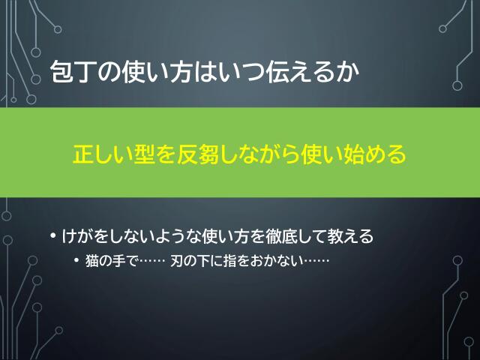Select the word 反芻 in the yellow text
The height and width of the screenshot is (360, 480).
coord(196,154)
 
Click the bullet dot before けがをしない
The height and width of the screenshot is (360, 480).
coord(53,238)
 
